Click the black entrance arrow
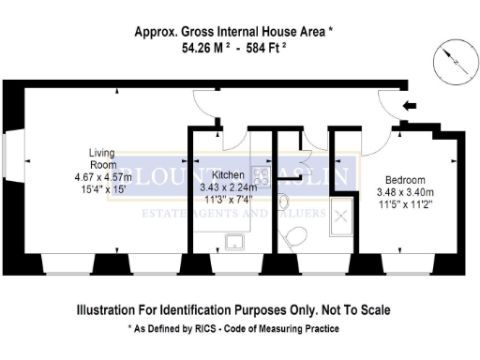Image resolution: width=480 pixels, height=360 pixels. point(409,108)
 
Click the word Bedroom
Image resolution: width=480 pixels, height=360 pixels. point(405,180)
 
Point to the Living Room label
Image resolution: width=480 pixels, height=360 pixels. point(101,158)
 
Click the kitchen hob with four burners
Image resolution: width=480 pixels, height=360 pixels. point(259,175)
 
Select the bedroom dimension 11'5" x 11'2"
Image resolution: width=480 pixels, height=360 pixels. point(405,202)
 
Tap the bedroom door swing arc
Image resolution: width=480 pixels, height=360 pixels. point(376,141)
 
